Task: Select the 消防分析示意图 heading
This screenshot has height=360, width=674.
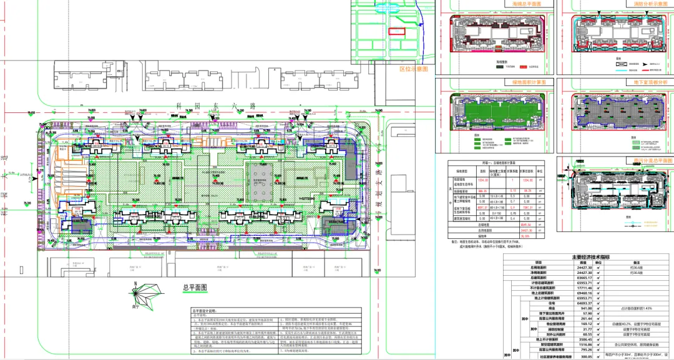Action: (646, 4)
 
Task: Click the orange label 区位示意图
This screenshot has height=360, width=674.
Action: (413, 69)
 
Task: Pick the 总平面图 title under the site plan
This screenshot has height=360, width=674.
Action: (194, 288)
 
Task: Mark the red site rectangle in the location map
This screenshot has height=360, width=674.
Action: (398, 30)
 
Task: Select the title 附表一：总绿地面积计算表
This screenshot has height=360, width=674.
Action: (496, 161)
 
